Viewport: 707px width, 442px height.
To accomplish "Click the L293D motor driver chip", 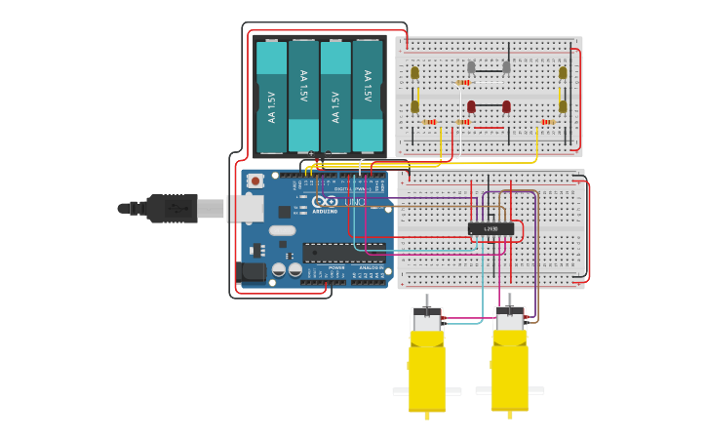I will pos(491,229).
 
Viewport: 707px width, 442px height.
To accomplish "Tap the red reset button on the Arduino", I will pos(255,181).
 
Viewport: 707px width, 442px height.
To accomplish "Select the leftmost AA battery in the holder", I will pos(271,97).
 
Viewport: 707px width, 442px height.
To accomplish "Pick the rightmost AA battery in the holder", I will pos(368,96).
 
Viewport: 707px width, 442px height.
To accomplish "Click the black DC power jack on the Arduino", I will pos(253,272).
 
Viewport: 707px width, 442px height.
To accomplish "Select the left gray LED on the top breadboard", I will pos(471,67).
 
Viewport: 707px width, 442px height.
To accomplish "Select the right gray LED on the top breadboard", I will pos(506,67).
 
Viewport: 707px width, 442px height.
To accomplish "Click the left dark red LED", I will pos(471,106).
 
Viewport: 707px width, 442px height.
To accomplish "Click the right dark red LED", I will pos(506,106).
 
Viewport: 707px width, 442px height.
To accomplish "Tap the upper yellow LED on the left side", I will pos(414,72).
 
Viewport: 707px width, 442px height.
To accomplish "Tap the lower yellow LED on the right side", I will pos(563,106).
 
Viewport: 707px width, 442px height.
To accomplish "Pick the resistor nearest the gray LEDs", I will pos(463,83).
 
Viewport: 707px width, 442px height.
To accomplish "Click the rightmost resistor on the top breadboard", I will pos(547,122).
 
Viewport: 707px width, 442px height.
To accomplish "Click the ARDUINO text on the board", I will pos(325,211).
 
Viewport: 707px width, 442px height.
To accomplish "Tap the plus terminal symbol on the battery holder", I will pos(311,153).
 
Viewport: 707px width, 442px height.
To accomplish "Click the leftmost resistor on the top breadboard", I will pos(430,122).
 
